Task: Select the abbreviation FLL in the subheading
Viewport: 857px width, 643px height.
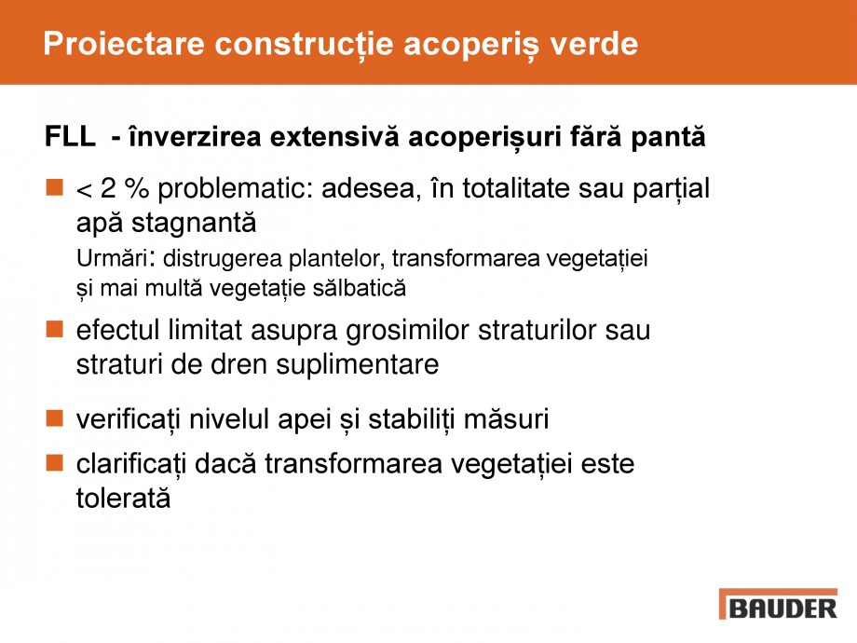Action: [x=69, y=138]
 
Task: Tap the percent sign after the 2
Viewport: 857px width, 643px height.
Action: [x=138, y=190]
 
